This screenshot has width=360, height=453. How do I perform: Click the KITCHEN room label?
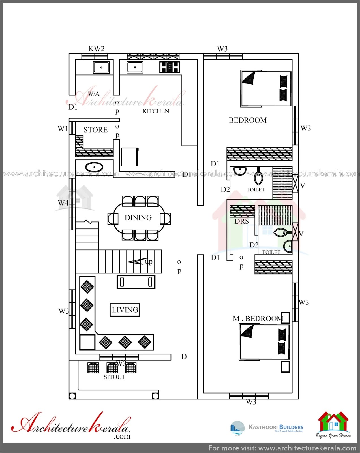(x=156, y=111)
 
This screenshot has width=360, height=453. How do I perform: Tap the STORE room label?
(x=95, y=130)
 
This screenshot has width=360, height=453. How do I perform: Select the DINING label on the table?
(x=138, y=218)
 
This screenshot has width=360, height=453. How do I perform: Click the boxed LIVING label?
(x=125, y=310)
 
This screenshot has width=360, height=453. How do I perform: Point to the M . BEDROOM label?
(x=258, y=319)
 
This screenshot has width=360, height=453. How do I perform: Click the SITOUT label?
(x=114, y=377)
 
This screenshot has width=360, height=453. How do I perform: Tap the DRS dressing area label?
(x=242, y=221)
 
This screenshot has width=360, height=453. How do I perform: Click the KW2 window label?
(x=96, y=49)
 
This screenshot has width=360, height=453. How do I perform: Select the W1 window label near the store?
(x=63, y=129)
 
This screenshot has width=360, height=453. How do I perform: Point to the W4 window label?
(x=63, y=203)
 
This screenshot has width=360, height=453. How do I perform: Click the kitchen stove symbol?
(x=169, y=67)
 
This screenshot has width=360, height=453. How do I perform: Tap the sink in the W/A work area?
(x=101, y=67)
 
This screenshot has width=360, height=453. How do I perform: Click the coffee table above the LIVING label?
(x=136, y=282)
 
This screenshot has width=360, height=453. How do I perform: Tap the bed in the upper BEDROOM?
(x=265, y=89)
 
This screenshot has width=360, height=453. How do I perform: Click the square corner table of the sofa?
(x=87, y=342)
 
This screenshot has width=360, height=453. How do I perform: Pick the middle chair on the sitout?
(x=112, y=368)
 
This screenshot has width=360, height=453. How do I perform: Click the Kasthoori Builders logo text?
(x=276, y=427)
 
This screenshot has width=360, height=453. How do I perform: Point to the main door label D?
(x=184, y=357)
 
